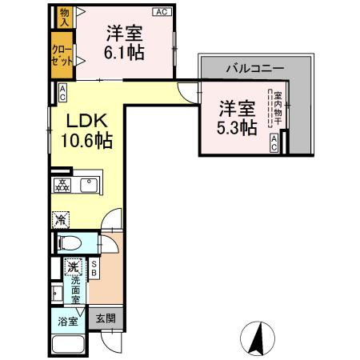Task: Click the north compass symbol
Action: (258, 338)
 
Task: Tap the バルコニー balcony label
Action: (255, 69)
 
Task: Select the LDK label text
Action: (87, 121)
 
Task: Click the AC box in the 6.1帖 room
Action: (162, 12)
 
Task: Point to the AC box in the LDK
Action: (62, 93)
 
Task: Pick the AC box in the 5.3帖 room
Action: (274, 143)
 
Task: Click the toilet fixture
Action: (69, 243)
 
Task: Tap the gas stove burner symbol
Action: (62, 186)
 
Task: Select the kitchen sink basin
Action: (89, 186)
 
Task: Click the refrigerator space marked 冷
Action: (61, 220)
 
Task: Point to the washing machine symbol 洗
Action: (73, 266)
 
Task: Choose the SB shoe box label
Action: (94, 269)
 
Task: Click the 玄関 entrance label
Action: (106, 318)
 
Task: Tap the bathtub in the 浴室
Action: (68, 344)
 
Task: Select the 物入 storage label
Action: (64, 18)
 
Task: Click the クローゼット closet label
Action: (62, 56)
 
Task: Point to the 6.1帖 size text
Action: (124, 53)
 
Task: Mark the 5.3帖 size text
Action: (237, 128)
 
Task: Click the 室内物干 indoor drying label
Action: (278, 108)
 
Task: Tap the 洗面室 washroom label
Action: (75, 290)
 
